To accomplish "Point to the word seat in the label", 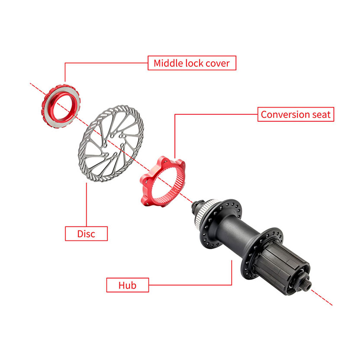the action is [x=321, y=115].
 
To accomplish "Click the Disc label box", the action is [x=86, y=234].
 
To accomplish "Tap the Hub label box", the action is [x=128, y=285].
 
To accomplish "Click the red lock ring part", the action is [x=61, y=106].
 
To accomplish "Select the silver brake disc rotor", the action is [x=111, y=143].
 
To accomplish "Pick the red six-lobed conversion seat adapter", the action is [x=162, y=181].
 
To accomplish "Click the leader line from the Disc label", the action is [x=87, y=204].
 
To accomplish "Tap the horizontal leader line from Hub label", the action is [x=190, y=285].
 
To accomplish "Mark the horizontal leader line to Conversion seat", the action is [x=216, y=114].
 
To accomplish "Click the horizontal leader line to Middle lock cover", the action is [x=106, y=63].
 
